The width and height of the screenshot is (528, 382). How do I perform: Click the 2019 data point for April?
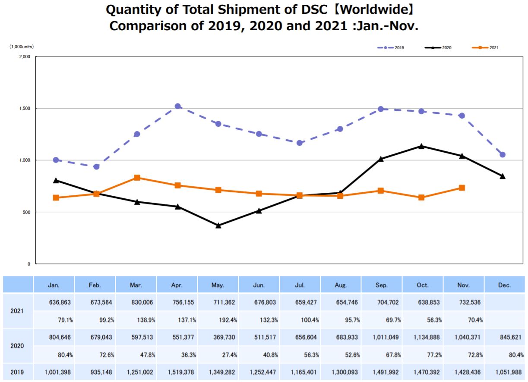click(x=178, y=106)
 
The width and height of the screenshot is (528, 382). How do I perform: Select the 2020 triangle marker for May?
click(x=218, y=225)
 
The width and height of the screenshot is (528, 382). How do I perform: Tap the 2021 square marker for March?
click(x=137, y=178)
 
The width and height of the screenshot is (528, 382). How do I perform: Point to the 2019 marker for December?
click(x=503, y=155)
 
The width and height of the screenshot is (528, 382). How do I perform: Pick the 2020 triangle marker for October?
click(x=421, y=146)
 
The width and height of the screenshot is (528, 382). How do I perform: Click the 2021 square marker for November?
click(x=462, y=188)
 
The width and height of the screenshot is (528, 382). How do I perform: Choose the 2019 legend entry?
click(x=391, y=47)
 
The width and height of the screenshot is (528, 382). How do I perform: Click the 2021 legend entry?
click(x=486, y=47)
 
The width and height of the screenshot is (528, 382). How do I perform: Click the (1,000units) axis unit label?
click(x=22, y=46)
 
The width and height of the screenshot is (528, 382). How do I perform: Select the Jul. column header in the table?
click(x=300, y=285)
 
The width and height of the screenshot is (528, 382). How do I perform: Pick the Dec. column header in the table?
click(x=504, y=285)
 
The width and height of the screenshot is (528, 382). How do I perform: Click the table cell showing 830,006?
click(x=137, y=302)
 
